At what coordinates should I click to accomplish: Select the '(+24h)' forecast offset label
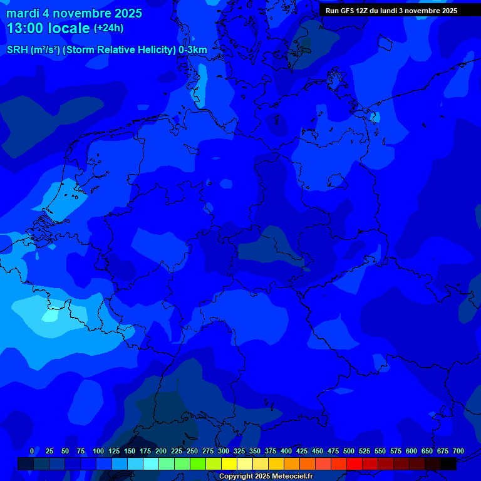[108, 28]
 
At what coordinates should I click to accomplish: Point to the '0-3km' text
[192, 49]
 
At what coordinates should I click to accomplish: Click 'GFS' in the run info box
[344, 11]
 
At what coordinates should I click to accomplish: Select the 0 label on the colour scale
[32, 451]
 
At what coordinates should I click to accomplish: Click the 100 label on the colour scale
[98, 451]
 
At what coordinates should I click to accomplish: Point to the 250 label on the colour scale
[192, 451]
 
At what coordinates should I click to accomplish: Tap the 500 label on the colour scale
[349, 451]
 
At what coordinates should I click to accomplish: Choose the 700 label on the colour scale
[458, 451]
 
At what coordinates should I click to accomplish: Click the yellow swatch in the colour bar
[229, 463]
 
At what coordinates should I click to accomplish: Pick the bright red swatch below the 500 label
[354, 463]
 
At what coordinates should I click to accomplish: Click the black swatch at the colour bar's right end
[448, 463]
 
